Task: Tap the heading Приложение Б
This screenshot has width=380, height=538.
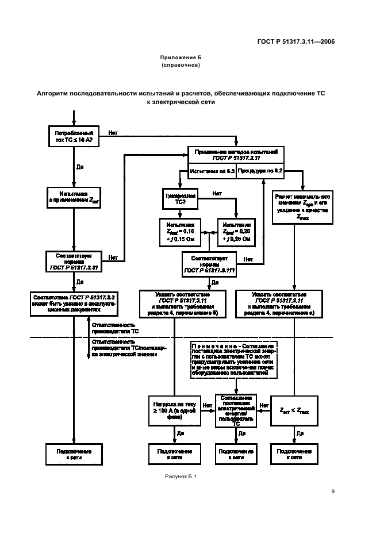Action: [x=181, y=57]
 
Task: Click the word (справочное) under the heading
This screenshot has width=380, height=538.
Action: [x=181, y=65]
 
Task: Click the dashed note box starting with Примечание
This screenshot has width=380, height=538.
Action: [x=236, y=360]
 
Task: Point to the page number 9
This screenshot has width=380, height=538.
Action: [x=333, y=491]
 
